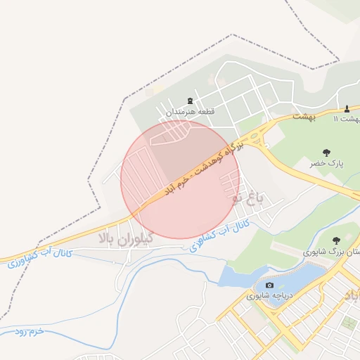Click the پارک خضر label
pyautogui.click(x=326, y=163)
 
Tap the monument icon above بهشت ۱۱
pyautogui.click(x=347, y=108)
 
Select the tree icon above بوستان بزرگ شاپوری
pyautogui.click(x=335, y=240)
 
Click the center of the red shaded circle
pyautogui.click(x=181, y=180)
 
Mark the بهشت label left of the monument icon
pyautogui.click(x=304, y=117)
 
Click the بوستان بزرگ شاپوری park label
pyautogui.click(x=330, y=250)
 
